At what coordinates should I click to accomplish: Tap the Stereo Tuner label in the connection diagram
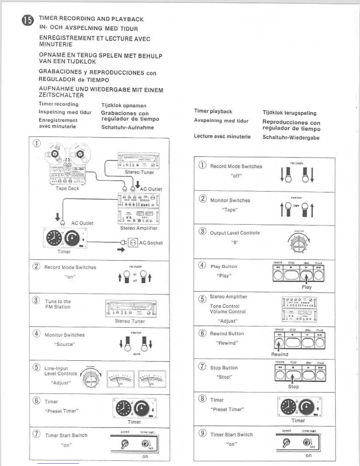point(139,172)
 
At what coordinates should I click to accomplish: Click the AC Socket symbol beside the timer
point(133,243)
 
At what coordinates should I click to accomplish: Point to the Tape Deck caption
point(67,188)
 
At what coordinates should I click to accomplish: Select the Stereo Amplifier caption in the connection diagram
point(139,228)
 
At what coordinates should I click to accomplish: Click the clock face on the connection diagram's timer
point(54,238)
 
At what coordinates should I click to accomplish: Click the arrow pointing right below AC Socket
point(121,250)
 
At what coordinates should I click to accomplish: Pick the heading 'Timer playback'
point(213,111)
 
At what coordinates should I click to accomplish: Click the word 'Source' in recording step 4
point(64,344)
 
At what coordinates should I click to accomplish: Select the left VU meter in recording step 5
point(121,379)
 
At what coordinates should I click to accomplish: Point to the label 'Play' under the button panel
point(306,287)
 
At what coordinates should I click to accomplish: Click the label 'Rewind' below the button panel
point(279,355)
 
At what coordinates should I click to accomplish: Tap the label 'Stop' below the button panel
point(293,387)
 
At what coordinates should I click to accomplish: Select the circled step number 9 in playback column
point(203,433)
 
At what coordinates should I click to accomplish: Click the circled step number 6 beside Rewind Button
point(202,333)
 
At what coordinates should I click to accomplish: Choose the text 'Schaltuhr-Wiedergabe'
point(291,138)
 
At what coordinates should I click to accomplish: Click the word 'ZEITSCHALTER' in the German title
point(61,95)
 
